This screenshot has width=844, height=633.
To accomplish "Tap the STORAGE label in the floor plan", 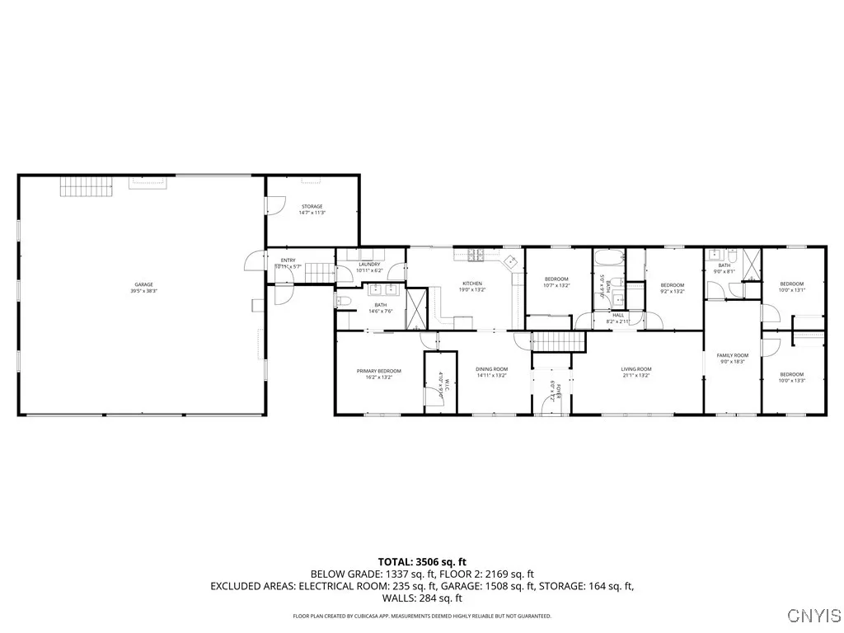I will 311,206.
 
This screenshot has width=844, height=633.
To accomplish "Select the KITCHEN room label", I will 472,284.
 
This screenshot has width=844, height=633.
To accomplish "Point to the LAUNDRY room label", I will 368,264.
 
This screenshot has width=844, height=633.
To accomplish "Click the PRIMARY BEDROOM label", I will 379,371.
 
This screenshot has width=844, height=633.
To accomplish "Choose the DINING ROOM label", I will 491,368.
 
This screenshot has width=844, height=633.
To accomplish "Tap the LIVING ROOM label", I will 636,368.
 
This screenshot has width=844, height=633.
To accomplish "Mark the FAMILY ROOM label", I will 732,354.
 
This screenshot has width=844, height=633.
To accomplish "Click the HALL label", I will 618,314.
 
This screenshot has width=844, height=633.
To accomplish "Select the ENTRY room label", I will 288,260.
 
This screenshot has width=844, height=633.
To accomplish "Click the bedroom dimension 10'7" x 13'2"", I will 557,285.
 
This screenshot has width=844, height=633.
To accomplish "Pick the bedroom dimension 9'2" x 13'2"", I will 673,291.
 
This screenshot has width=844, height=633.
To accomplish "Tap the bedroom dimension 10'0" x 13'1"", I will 792,289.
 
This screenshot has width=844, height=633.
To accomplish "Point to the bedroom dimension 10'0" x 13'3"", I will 792,380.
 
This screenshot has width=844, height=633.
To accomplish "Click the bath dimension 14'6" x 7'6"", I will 380,311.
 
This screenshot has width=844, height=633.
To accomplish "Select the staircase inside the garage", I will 85,186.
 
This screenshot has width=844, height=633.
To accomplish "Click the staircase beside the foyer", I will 558,340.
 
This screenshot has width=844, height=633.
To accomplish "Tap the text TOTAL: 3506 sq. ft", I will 422,561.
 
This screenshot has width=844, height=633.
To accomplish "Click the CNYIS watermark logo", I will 814,615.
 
